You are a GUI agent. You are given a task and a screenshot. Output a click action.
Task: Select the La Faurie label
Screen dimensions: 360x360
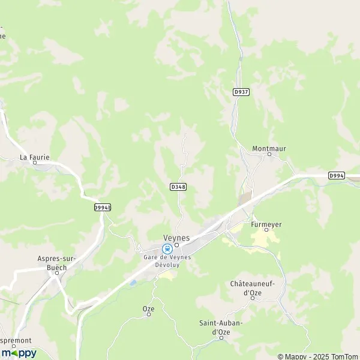click(x=34, y=157)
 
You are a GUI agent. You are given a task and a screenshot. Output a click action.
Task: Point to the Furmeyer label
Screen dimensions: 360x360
click(x=266, y=224)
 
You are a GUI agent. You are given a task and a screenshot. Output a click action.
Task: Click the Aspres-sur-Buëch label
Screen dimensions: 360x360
click(x=56, y=262)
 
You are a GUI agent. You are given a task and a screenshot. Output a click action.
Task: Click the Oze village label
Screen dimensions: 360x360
click(x=148, y=308)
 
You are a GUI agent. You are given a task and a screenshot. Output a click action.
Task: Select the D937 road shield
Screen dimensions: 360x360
click(x=241, y=91)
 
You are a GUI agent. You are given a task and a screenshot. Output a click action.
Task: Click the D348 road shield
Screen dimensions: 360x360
click(x=178, y=187)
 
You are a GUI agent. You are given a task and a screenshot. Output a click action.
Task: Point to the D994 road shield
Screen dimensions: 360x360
click(x=337, y=175)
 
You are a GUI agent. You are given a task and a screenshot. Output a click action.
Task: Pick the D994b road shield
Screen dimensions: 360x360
click(x=103, y=207)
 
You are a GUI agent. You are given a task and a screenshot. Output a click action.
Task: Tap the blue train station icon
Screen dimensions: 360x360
click(x=167, y=248)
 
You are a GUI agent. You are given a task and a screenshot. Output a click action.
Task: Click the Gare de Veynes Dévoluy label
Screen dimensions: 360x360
click(x=167, y=260)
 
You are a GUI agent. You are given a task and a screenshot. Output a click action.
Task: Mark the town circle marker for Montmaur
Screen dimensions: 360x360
click(x=269, y=154)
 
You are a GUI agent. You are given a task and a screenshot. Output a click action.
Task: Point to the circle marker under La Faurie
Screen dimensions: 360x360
click(x=35, y=163)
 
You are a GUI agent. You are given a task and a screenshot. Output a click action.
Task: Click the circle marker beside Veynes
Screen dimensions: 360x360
click(x=177, y=245)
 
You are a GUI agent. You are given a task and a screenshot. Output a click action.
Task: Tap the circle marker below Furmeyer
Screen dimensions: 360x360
click(x=266, y=230)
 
